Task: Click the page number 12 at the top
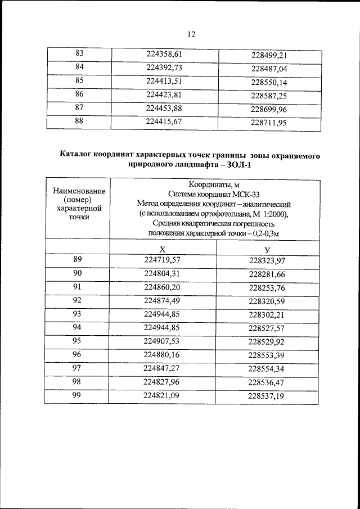(x=191, y=34)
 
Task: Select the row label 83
(x=79, y=54)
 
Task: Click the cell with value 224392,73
(x=165, y=67)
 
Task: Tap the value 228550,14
(x=269, y=82)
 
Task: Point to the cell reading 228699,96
(x=269, y=109)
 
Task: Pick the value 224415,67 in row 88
(x=165, y=120)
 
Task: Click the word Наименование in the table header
(x=78, y=191)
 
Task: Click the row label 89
(x=78, y=260)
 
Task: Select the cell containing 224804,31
(x=163, y=274)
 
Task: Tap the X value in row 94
(x=163, y=327)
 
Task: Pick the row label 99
(x=78, y=395)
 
